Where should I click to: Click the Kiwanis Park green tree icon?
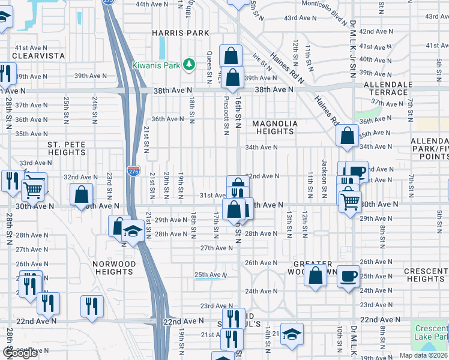[190, 64]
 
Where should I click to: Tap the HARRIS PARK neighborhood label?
[180, 33]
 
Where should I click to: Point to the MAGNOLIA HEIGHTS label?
[275, 127]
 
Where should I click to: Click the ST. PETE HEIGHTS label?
[67, 149]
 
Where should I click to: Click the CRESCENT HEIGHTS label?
[425, 275]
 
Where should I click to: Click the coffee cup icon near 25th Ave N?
[348, 277]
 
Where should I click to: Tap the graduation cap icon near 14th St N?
[292, 334]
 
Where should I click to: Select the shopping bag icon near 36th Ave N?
[348, 136]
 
